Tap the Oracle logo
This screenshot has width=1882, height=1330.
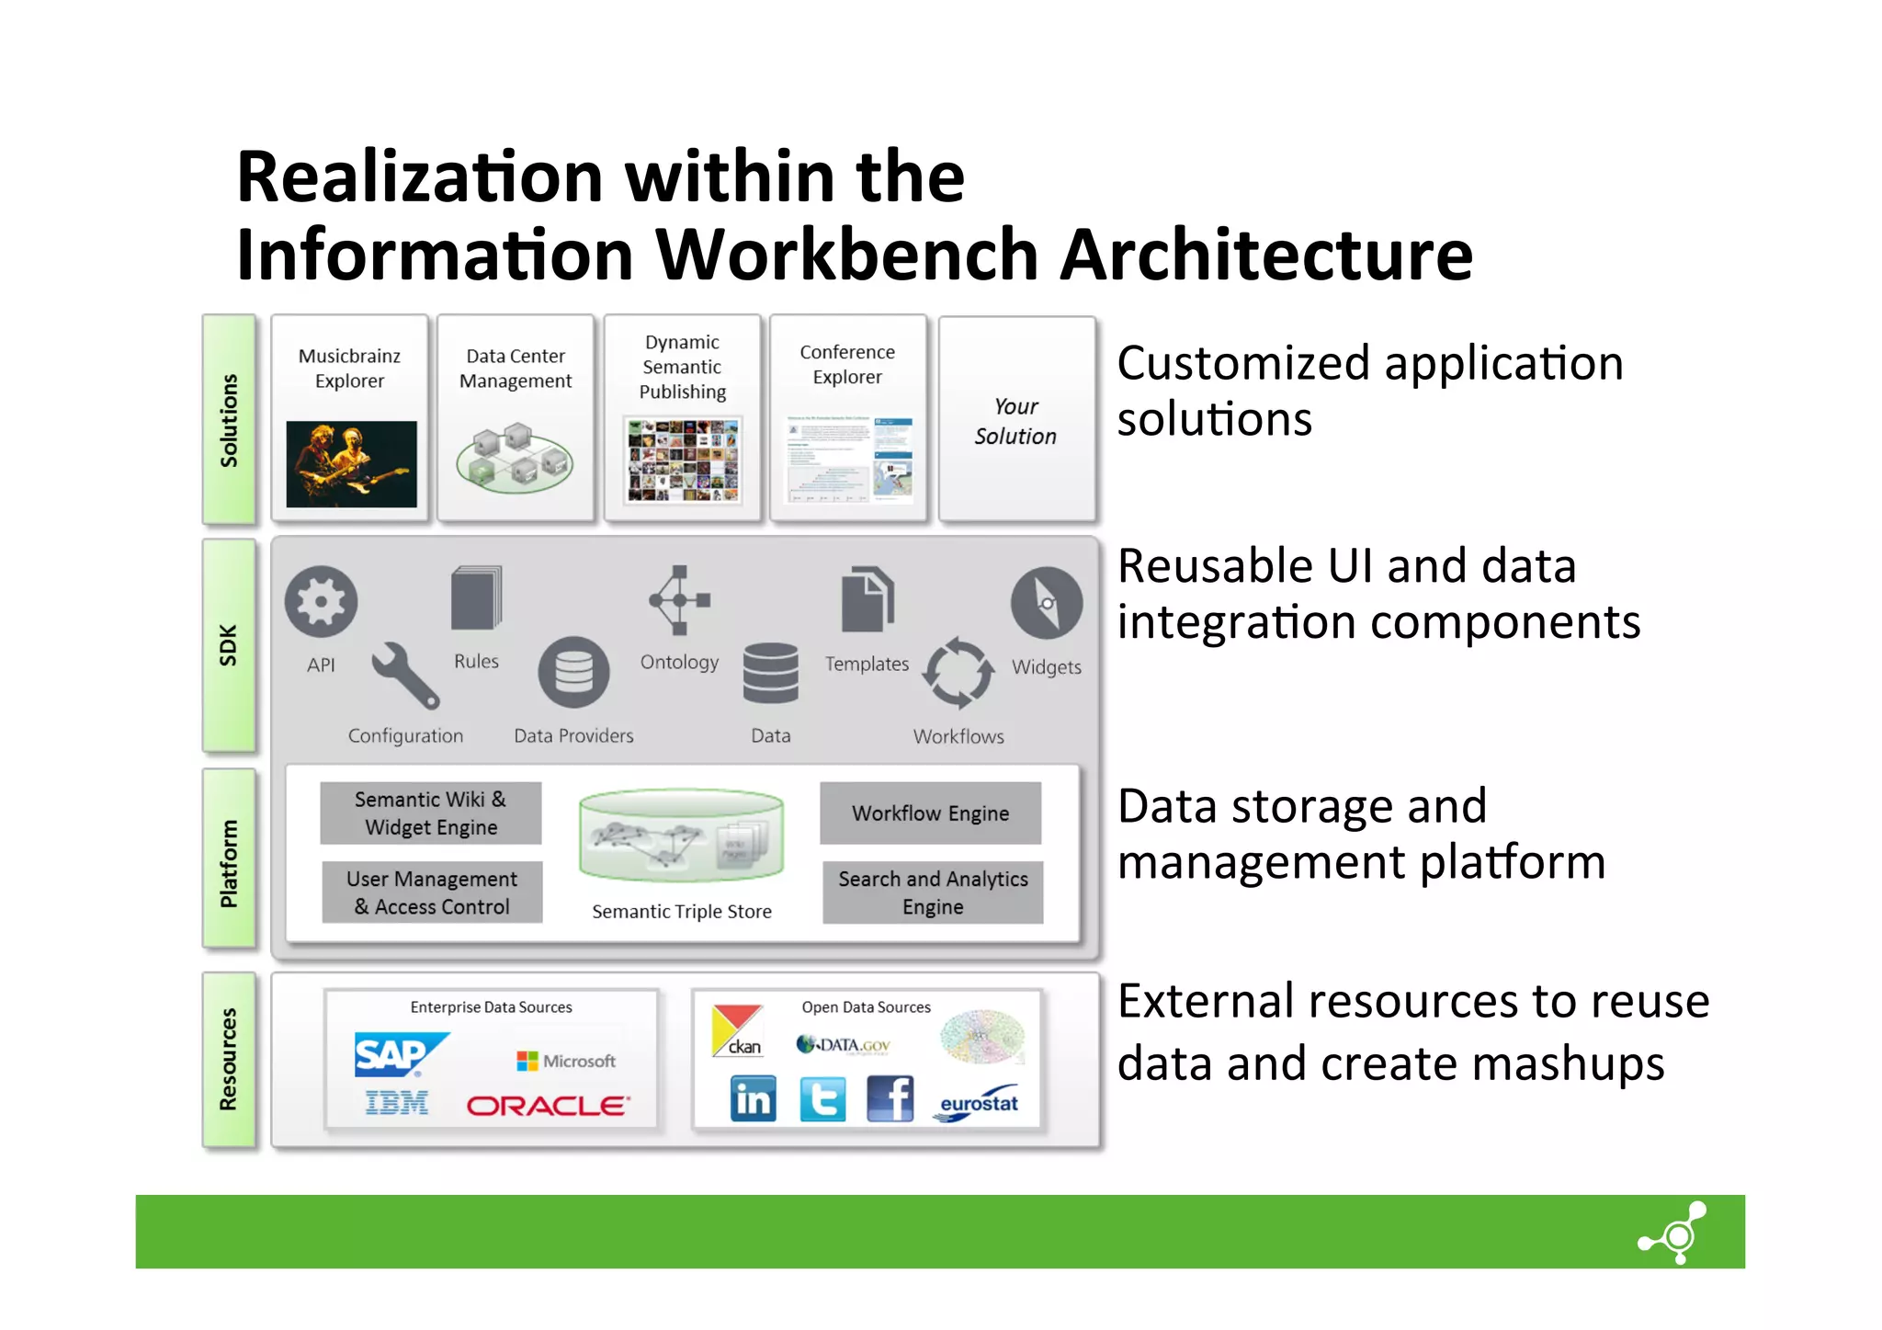click(x=548, y=1106)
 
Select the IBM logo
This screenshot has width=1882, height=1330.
click(x=396, y=1102)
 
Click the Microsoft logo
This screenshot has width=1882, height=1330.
click(x=566, y=1061)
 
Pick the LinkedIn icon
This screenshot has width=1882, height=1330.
click(x=753, y=1099)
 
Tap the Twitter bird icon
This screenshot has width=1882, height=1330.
click(x=822, y=1099)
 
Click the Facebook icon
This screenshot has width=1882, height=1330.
click(x=890, y=1099)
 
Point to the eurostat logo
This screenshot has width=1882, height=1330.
click(x=978, y=1104)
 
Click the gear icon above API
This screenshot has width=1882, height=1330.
click(x=321, y=602)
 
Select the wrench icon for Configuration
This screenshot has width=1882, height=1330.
click(x=404, y=676)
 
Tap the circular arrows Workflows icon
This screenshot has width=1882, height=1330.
click(x=958, y=673)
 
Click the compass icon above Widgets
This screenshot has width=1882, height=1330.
click(x=1046, y=603)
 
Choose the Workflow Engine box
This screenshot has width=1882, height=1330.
click(x=930, y=813)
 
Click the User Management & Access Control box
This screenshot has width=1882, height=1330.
click(x=432, y=892)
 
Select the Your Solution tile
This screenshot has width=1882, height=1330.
click(x=1015, y=420)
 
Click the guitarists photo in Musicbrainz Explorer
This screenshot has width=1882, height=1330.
click(x=351, y=464)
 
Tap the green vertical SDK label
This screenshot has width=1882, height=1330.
click(x=229, y=644)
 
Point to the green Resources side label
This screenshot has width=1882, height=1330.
click(x=229, y=1060)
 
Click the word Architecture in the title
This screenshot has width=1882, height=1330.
click(x=1266, y=255)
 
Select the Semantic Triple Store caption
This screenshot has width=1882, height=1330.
click(x=681, y=912)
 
